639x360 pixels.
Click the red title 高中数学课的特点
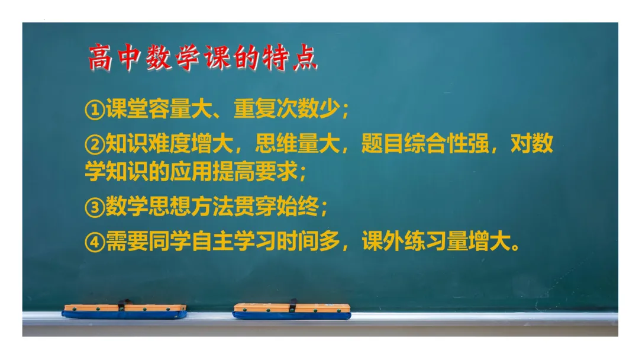tap(202, 57)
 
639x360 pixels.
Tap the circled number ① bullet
tap(95, 110)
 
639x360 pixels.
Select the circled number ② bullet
tap(95, 144)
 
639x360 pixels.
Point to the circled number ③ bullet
tap(95, 207)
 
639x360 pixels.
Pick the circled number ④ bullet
tap(95, 242)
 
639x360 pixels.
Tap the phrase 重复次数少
tap(286, 109)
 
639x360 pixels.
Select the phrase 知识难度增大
tap(170, 144)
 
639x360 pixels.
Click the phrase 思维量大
tap(297, 144)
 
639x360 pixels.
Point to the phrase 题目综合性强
tap(425, 144)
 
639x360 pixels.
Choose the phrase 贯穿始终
tap(276, 207)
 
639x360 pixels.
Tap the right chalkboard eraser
tap(292, 311)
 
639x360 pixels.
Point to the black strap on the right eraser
tap(293, 306)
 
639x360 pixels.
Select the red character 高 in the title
tap(100, 58)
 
